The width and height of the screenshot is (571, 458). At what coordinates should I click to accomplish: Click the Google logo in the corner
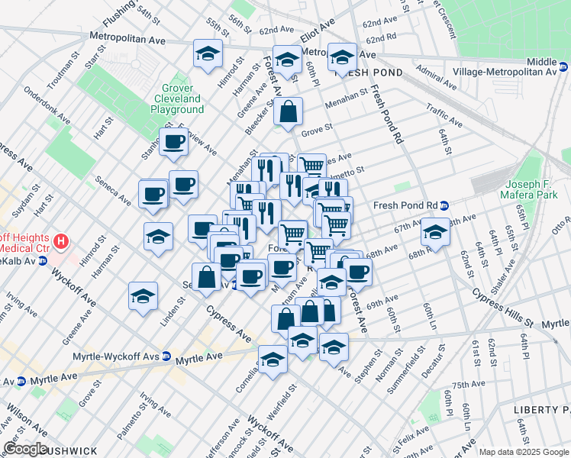coord(25,449)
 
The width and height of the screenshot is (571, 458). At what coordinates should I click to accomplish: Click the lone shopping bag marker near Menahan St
coord(289,112)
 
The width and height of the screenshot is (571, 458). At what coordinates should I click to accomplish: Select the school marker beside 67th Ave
coord(435,231)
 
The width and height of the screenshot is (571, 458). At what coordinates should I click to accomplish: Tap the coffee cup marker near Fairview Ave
coord(174,141)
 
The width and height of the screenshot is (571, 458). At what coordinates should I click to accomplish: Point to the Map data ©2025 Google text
coord(524,452)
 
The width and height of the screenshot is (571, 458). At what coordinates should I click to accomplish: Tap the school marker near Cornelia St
coord(273,359)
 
